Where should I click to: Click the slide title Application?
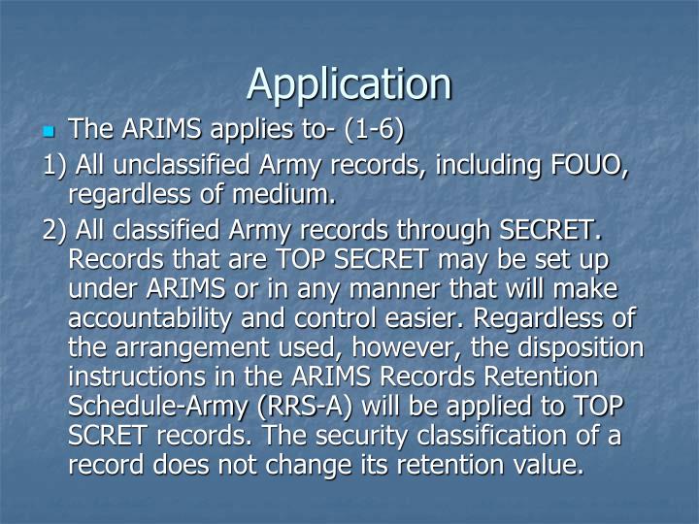tap(349, 83)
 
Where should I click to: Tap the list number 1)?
tap(56, 166)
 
